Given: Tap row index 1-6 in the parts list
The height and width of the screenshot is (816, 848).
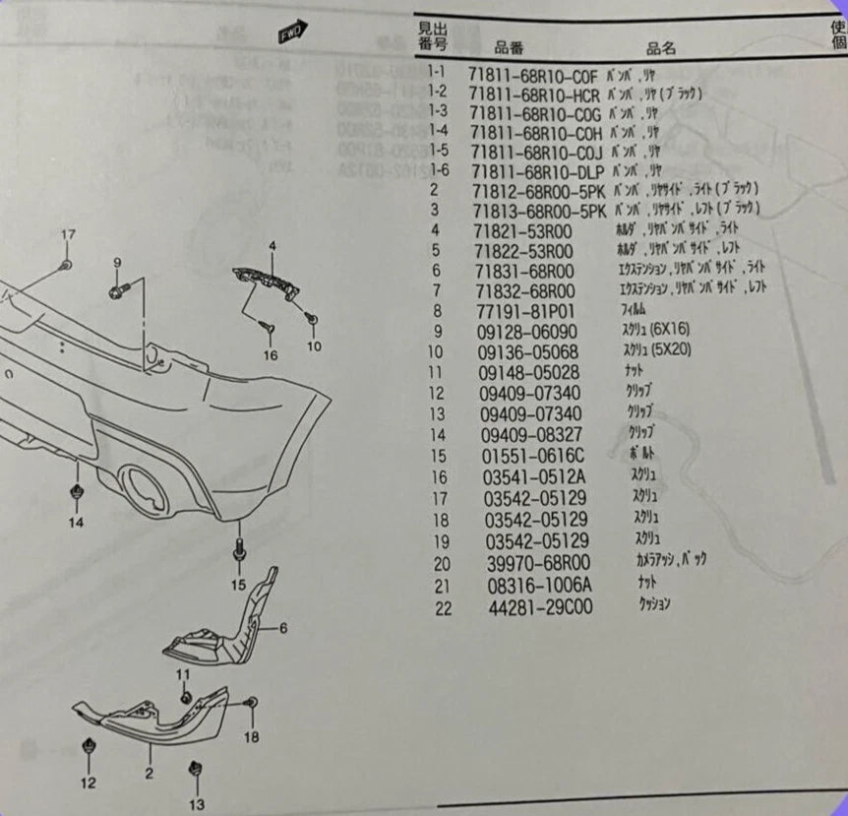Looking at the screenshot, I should coord(438,170).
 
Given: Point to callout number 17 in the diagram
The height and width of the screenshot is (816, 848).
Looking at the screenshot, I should coord(67,235).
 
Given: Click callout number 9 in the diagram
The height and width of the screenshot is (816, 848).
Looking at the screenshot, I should coord(116,262).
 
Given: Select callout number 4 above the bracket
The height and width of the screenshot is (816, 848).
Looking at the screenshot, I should coord(273,244).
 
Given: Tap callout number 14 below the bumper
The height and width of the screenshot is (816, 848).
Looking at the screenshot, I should coord(76,523).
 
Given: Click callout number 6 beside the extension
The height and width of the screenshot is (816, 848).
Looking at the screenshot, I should coord(281,627).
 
